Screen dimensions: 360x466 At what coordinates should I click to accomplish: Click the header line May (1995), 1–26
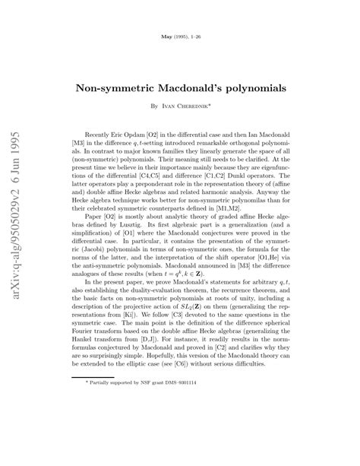(180, 37)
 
